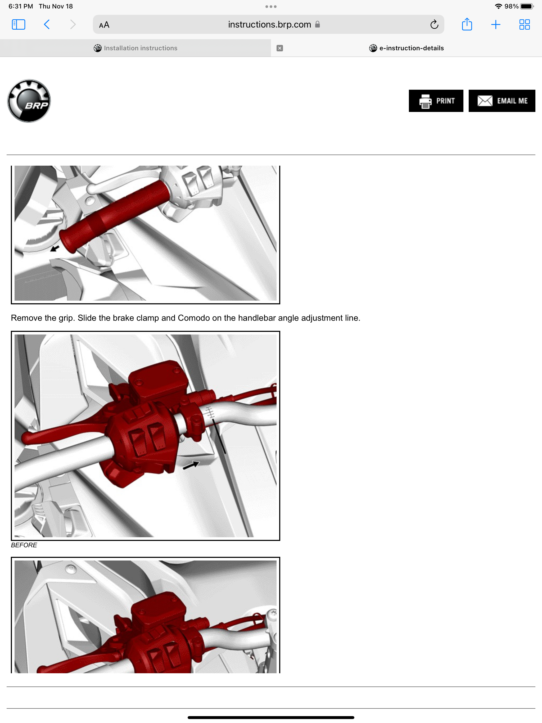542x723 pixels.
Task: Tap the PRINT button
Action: (x=436, y=101)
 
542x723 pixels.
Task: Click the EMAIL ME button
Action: (x=502, y=101)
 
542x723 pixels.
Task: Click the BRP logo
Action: (x=29, y=101)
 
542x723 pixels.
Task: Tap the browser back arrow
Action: (x=47, y=25)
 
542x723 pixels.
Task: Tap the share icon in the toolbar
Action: (x=467, y=25)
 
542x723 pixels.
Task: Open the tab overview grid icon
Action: (x=524, y=25)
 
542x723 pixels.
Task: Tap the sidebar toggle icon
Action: (x=18, y=25)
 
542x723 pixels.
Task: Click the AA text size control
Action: (x=104, y=25)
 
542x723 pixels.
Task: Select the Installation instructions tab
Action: (x=135, y=48)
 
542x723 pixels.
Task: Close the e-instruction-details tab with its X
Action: (x=279, y=48)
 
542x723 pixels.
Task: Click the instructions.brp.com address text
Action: (x=269, y=25)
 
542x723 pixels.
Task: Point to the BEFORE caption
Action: (x=24, y=545)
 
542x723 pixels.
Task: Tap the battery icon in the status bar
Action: (x=526, y=6)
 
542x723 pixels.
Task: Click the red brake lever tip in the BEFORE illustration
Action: (x=28, y=438)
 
